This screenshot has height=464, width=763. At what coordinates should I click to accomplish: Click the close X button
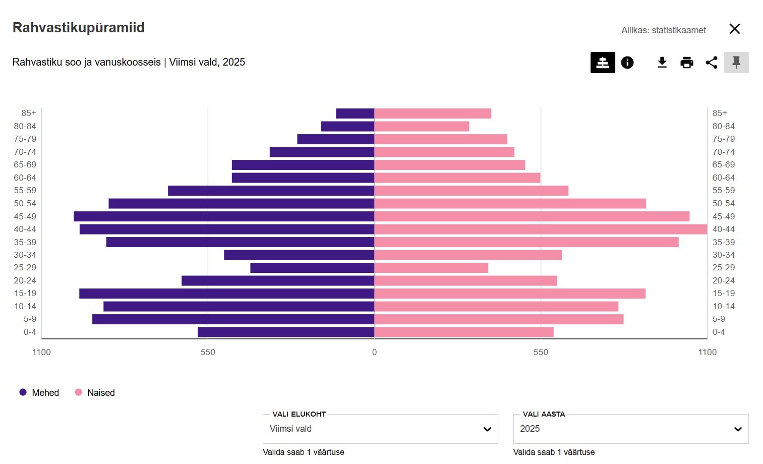[735, 29]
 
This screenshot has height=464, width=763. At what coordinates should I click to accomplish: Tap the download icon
[662, 63]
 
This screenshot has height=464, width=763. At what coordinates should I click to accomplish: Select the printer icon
[687, 63]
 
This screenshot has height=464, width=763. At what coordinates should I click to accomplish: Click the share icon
[712, 63]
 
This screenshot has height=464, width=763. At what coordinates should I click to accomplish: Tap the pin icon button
[736, 63]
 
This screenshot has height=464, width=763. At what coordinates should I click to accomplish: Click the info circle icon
[627, 63]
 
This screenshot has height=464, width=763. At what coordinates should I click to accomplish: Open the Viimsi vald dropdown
[380, 429]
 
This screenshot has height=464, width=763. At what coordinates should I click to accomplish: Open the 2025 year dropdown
[630, 429]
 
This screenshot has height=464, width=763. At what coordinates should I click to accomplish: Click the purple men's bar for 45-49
[224, 216]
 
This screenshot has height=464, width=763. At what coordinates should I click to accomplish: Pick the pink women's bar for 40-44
[541, 229]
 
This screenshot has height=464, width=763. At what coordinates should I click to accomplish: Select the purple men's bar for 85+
[355, 113]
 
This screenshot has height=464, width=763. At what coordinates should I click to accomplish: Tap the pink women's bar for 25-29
[431, 268]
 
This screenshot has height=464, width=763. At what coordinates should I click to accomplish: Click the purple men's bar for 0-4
[286, 332]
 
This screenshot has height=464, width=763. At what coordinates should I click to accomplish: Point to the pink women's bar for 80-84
[422, 127]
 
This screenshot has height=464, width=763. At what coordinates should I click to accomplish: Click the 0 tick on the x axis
[374, 352]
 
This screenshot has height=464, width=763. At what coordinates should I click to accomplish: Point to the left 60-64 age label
[25, 178]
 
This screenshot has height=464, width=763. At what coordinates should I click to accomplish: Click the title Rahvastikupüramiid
[79, 28]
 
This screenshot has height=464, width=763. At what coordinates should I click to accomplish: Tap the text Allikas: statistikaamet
[663, 30]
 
